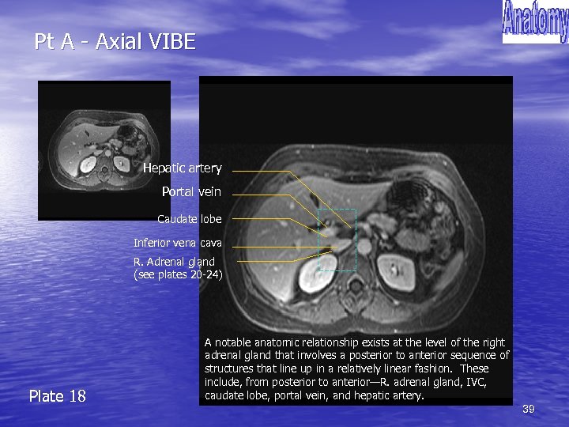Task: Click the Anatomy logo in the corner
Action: (535, 21)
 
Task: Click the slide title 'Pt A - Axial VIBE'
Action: (115, 42)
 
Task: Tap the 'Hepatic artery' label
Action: (182, 168)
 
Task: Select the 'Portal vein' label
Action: (191, 192)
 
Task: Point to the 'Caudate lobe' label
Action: (189, 219)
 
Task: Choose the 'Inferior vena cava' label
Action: (178, 243)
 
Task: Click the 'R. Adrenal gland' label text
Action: (174, 262)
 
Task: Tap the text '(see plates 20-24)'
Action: (178, 275)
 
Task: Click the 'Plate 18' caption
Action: (57, 396)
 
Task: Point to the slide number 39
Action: (529, 409)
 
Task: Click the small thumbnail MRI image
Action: (104, 150)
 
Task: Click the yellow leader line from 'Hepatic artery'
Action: (261, 171)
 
